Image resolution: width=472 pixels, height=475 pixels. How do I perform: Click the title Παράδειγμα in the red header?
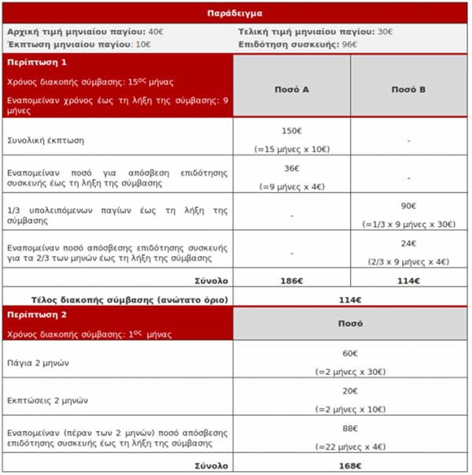click(x=235, y=13)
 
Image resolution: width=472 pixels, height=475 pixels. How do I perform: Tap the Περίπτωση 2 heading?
click(x=37, y=313)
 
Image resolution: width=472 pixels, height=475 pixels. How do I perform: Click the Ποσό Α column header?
click(x=291, y=90)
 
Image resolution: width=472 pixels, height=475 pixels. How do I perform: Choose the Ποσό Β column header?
click(x=408, y=90)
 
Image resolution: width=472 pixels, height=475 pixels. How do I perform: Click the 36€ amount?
click(x=291, y=169)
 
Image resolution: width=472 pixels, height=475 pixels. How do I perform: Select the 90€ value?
click(x=408, y=206)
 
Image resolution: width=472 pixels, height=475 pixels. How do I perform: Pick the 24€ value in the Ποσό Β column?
click(x=408, y=243)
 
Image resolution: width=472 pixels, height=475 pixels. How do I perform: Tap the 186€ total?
click(x=291, y=280)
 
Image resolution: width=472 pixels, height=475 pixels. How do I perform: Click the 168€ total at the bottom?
click(x=349, y=465)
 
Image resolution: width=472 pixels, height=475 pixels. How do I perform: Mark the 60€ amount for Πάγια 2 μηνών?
click(x=349, y=354)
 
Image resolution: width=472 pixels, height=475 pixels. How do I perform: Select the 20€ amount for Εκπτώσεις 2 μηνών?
click(x=349, y=392)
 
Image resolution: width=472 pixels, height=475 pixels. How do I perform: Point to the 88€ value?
click(x=349, y=429)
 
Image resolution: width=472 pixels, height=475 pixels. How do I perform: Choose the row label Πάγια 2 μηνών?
click(x=40, y=362)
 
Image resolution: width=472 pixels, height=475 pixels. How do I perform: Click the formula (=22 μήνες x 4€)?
click(x=349, y=447)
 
